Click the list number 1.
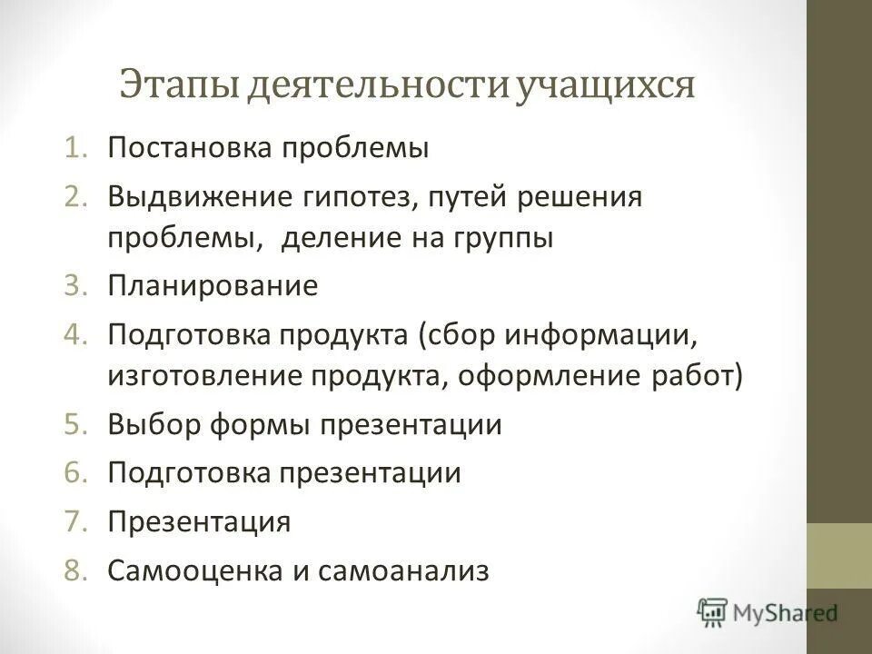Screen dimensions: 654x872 pyautogui.click(x=75, y=148)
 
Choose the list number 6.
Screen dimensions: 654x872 pyautogui.click(x=75, y=474)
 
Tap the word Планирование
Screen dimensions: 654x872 pyautogui.click(x=213, y=287)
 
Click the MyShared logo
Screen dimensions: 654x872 pyautogui.click(x=768, y=611)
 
